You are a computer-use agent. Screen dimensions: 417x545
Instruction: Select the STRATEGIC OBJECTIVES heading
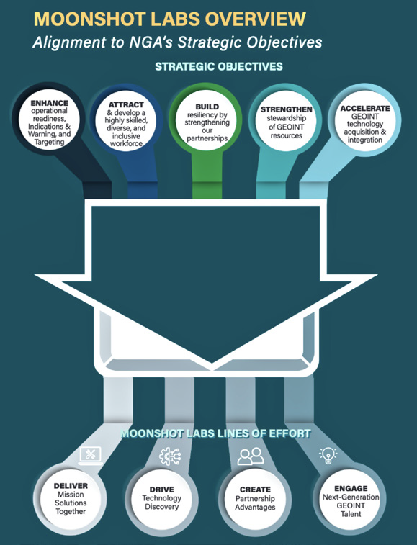(219, 66)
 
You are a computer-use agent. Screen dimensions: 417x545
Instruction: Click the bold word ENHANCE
(50, 103)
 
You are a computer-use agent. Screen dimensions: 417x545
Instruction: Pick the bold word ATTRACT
(126, 104)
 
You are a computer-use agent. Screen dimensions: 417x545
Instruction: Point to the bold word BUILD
(207, 107)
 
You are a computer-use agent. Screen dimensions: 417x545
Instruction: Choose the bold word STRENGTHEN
(286, 109)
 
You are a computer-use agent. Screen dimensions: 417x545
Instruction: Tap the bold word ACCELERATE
(365, 109)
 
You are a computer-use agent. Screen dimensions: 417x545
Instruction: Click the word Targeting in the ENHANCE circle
(50, 142)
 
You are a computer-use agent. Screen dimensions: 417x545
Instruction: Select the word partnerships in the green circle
(207, 138)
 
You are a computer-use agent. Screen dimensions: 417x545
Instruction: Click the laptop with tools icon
(91, 455)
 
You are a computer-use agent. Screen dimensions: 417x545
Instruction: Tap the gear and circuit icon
(170, 456)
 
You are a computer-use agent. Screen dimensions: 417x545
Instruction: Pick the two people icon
(251, 456)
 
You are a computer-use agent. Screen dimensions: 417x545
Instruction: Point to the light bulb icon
(328, 455)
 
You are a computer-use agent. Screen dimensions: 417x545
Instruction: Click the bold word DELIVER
(71, 485)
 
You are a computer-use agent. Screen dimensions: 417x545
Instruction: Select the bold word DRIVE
(162, 490)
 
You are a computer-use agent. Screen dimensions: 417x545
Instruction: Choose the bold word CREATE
(255, 490)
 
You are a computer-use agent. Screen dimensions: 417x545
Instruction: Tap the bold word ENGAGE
(351, 488)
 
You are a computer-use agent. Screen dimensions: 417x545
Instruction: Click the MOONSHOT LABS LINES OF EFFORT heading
(215, 433)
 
